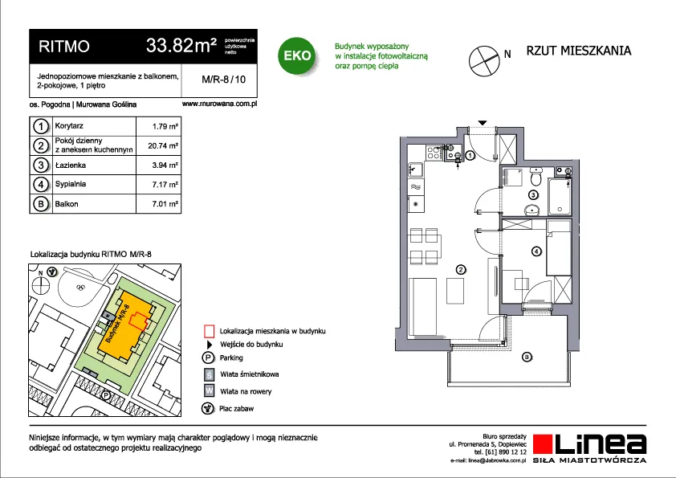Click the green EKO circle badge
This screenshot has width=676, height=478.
297,55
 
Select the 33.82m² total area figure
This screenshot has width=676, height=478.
181,45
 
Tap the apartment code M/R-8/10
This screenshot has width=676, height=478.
223,80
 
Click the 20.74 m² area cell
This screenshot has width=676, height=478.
163,146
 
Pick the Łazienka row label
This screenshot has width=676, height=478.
71,165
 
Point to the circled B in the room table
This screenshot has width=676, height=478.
40,203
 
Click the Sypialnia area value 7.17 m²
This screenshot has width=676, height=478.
165,185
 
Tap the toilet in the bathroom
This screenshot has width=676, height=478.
536,176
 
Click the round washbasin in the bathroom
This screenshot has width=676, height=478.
533,210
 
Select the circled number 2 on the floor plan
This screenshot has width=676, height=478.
461,270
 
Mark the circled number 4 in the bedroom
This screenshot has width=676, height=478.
536,251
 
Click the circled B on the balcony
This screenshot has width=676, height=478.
527,357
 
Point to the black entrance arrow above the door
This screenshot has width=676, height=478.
483,123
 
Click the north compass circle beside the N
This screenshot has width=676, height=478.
484,61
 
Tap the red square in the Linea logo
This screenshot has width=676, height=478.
543,444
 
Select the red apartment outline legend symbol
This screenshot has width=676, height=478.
209,331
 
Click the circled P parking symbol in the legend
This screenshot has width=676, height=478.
208,357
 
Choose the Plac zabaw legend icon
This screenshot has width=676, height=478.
208,408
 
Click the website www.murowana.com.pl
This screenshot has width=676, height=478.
219,104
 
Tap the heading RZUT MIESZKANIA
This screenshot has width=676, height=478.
579,51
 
